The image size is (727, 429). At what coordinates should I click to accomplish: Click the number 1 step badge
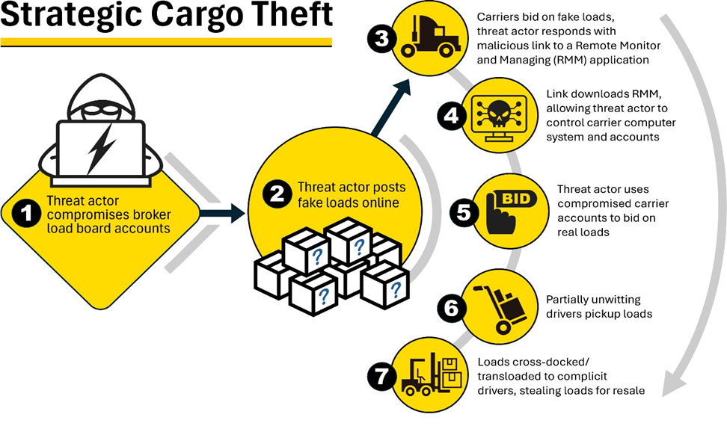(28, 214)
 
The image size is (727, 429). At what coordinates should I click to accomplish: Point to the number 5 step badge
(464, 212)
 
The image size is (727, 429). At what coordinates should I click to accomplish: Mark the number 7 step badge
(381, 377)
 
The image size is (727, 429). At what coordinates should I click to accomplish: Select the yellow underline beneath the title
(166, 42)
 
